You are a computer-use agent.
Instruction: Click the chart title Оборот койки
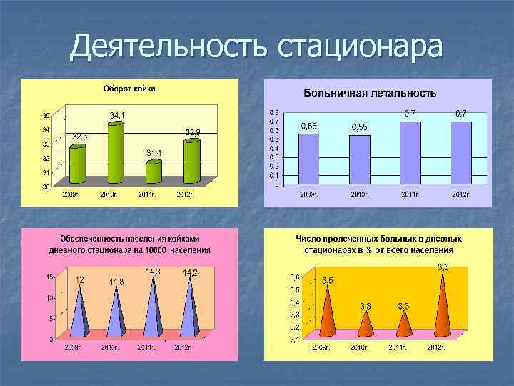click(129, 89)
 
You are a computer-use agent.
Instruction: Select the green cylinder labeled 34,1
click(115, 152)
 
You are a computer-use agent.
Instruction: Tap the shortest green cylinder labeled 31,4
click(153, 172)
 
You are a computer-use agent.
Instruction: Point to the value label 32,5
click(80, 137)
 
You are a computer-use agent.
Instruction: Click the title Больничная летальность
click(370, 93)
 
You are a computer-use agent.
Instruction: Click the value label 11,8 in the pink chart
click(116, 282)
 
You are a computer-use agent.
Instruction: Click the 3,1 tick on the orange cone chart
click(294, 340)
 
